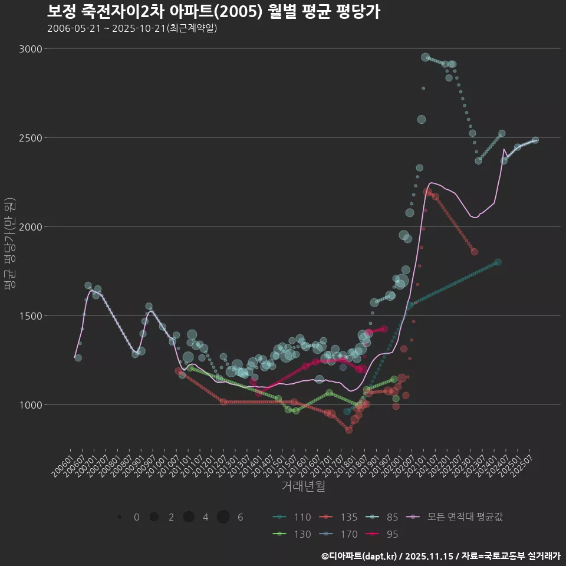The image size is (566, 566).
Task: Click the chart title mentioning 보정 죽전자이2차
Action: click(x=213, y=11)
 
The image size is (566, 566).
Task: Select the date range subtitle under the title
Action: click(x=132, y=28)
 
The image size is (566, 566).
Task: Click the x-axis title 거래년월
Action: click(x=303, y=486)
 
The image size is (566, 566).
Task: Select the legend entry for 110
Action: click(x=292, y=517)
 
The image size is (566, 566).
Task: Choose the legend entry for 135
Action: click(x=338, y=517)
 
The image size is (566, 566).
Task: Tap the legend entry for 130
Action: click(x=292, y=534)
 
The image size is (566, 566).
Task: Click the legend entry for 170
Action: click(x=338, y=534)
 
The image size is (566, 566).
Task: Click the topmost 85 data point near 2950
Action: click(x=426, y=57)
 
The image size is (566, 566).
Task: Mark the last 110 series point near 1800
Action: click(x=498, y=262)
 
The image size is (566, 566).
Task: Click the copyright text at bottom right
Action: click(x=440, y=556)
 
